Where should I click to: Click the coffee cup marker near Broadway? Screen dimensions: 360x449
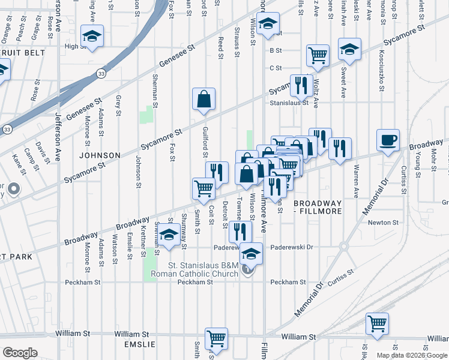coord(388,140)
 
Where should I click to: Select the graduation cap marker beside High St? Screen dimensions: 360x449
coord(92,36)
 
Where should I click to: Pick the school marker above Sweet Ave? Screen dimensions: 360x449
coord(349,50)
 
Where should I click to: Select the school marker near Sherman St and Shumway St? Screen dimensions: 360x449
coord(169,236)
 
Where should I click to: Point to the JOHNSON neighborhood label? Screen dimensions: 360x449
coord(99,155)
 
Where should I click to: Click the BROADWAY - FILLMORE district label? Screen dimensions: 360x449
coord(318,207)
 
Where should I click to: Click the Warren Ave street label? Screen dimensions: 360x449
coord(357,181)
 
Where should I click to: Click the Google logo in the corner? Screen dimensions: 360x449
coord(20,353)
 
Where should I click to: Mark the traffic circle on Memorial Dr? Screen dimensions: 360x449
coord(343,246)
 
